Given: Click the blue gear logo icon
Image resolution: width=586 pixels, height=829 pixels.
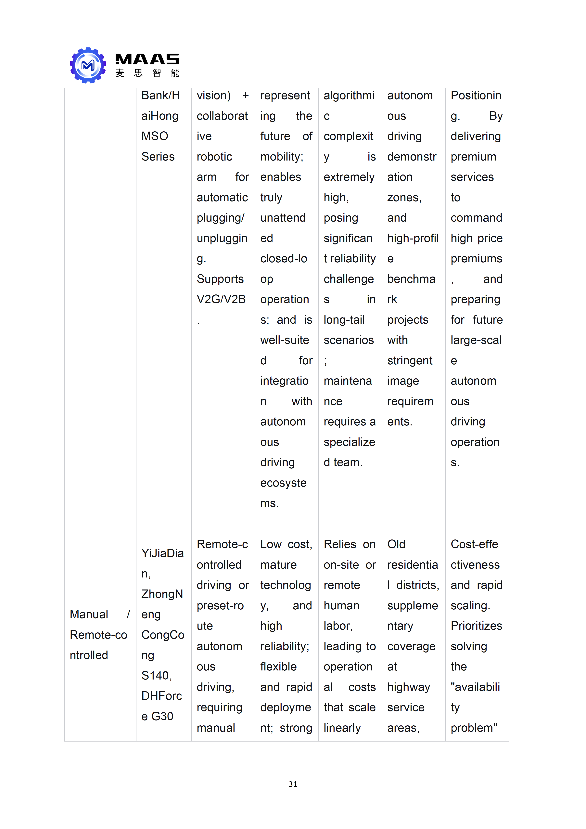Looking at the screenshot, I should tap(88, 65).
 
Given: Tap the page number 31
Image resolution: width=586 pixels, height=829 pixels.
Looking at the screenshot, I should tap(293, 784).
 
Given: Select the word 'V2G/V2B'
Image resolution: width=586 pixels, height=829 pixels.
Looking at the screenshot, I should tap(221, 299).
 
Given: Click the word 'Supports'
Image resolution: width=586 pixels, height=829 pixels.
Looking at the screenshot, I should tap(220, 279).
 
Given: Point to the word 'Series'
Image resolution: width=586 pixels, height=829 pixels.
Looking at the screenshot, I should tap(158, 157).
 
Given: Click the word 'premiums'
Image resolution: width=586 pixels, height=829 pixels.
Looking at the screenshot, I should tap(476, 259).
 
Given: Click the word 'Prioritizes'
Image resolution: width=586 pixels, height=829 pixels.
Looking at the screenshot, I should tap(476, 626).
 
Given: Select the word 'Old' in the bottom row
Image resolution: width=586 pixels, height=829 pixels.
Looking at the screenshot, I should tap(396, 544).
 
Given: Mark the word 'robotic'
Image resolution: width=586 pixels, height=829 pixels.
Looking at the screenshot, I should tap(214, 157).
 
